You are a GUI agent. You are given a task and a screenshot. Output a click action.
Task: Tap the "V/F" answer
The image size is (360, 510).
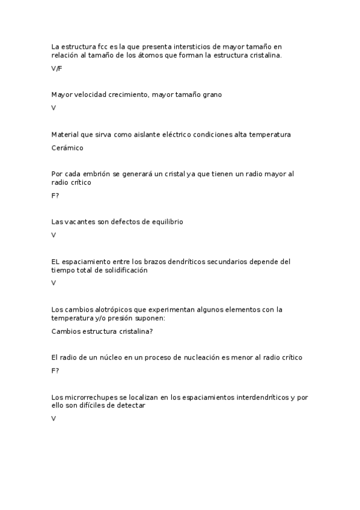[57, 69]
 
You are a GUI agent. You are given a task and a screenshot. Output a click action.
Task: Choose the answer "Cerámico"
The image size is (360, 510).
[67, 147]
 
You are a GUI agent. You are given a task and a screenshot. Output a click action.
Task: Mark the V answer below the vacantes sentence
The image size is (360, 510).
[53, 235]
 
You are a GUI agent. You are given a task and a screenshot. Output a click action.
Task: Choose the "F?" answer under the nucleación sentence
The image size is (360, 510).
[55, 370]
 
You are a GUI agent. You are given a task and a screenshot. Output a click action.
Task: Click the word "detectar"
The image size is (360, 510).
[130, 406]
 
